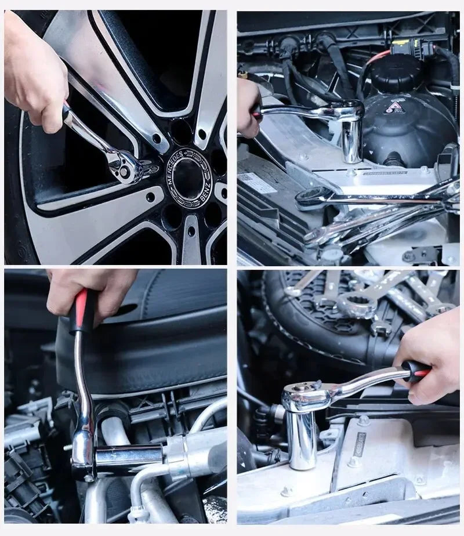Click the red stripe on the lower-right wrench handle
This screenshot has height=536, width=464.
coord(419,371)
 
